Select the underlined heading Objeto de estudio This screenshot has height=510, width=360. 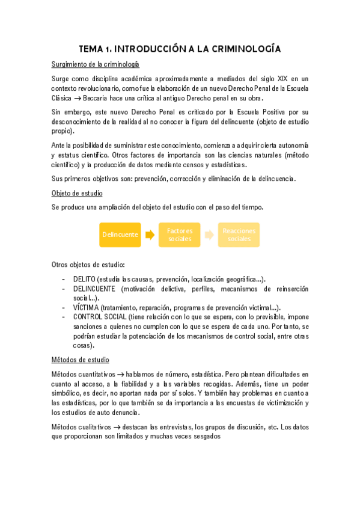(x=77, y=193)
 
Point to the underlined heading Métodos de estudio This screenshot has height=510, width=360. (x=81, y=360)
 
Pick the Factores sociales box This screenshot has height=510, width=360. (x=180, y=235)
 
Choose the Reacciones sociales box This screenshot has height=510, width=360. (x=239, y=235)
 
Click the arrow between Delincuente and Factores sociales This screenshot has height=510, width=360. (x=150, y=235)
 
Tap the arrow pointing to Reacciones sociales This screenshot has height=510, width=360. (x=209, y=235)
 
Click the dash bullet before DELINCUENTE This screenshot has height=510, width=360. (x=64, y=289)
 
